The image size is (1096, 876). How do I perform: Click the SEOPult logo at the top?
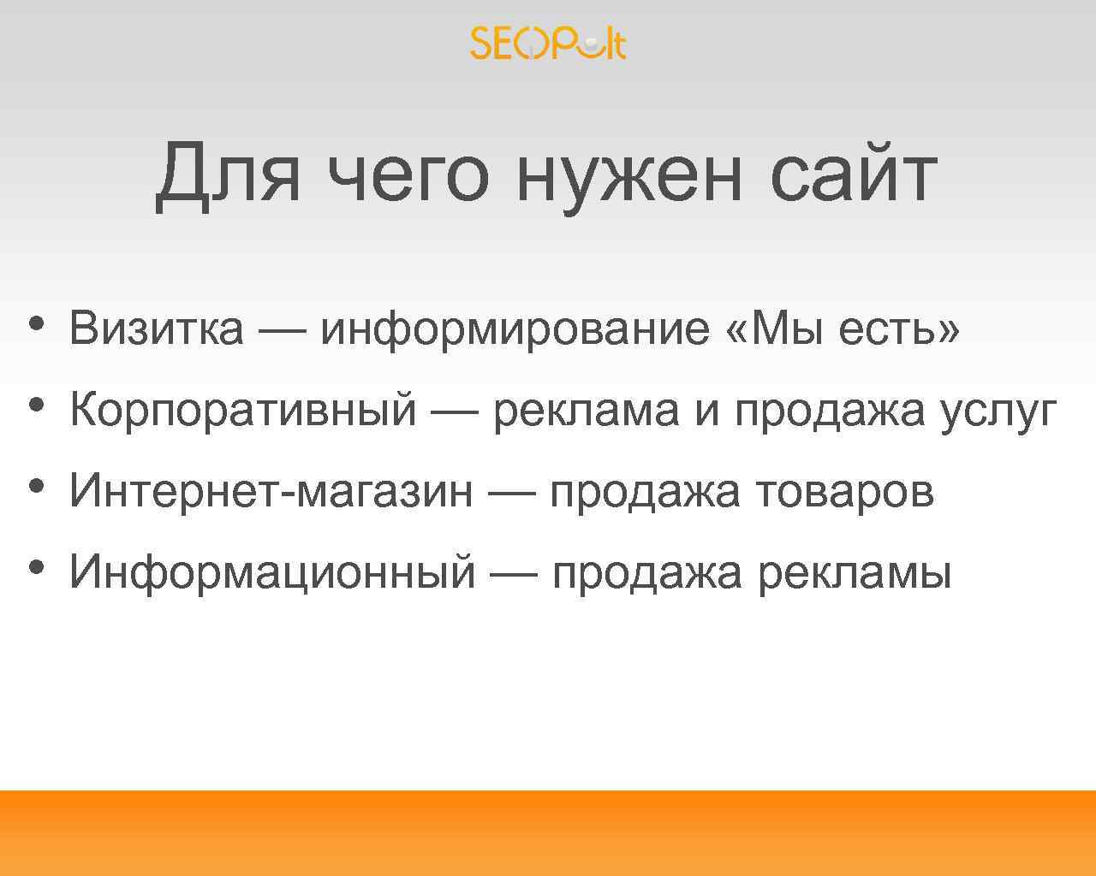pos(548,44)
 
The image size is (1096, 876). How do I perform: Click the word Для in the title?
pos(228,175)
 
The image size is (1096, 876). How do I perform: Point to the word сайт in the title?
pos(853,175)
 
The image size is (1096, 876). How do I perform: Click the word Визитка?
pos(157,328)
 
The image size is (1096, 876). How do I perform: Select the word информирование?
pos(515,328)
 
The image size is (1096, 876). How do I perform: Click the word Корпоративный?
pos(243,410)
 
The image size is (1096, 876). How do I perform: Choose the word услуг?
pos(998,410)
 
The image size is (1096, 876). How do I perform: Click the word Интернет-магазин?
pos(271,491)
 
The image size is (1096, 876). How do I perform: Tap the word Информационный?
pos(272,571)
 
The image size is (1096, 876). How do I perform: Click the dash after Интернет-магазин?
pos(512,491)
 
